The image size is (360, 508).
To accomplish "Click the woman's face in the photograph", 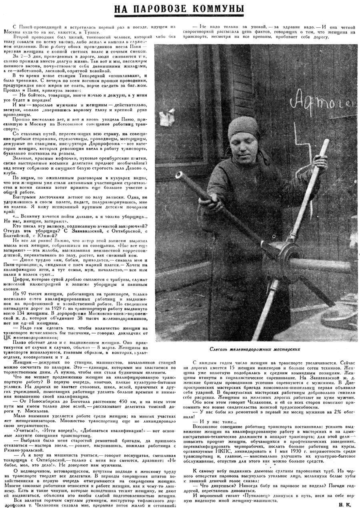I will tap(244, 144).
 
